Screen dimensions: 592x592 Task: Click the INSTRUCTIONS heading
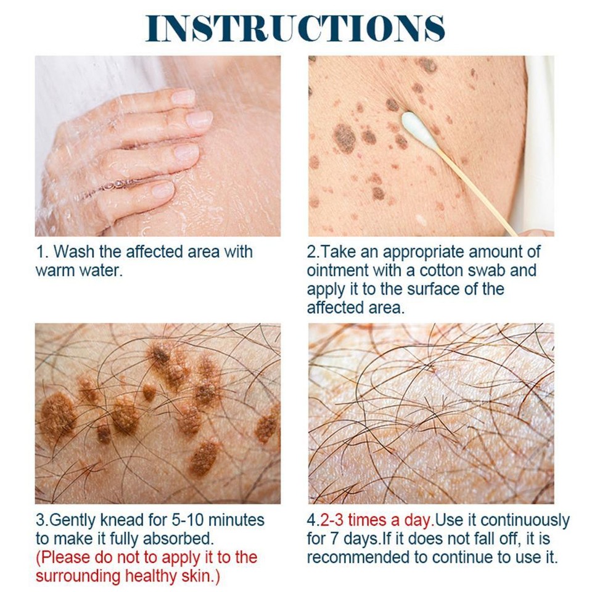[x=295, y=28]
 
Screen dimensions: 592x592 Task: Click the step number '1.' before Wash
[x=41, y=252]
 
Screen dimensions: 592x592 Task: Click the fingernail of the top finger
[x=183, y=97]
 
